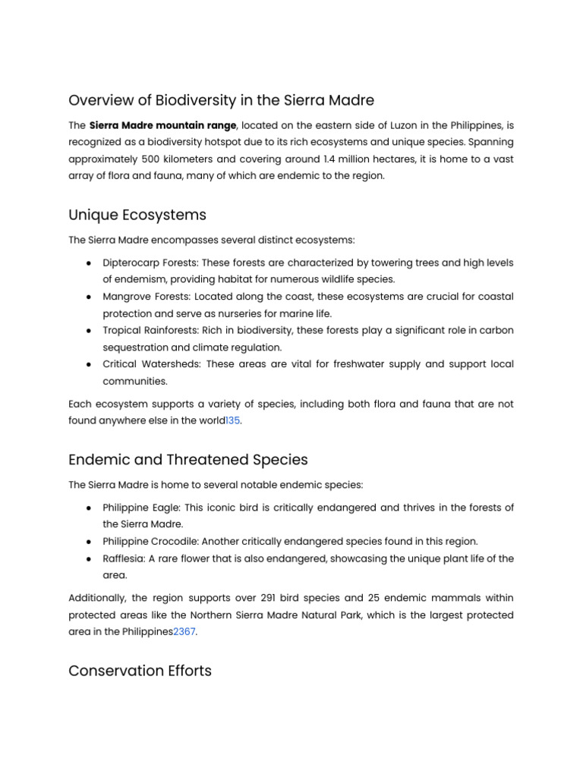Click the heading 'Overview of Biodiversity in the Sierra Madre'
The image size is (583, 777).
click(x=221, y=100)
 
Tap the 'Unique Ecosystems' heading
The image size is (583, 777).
click(x=137, y=215)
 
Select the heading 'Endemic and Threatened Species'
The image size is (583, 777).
click(x=188, y=459)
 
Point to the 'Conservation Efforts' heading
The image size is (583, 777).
click(x=140, y=671)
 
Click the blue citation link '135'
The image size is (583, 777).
click(x=232, y=420)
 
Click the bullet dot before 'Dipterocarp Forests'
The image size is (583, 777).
click(x=90, y=263)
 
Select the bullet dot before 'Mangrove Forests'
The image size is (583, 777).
click(x=90, y=297)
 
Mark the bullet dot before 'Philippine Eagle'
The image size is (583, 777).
click(x=90, y=507)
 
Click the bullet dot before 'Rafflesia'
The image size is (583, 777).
click(x=90, y=558)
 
